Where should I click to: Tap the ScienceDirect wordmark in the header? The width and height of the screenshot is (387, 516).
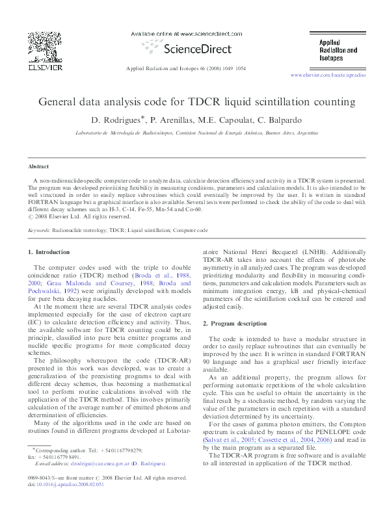(x=194, y=48)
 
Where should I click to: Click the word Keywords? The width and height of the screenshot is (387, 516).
(x=40, y=231)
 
